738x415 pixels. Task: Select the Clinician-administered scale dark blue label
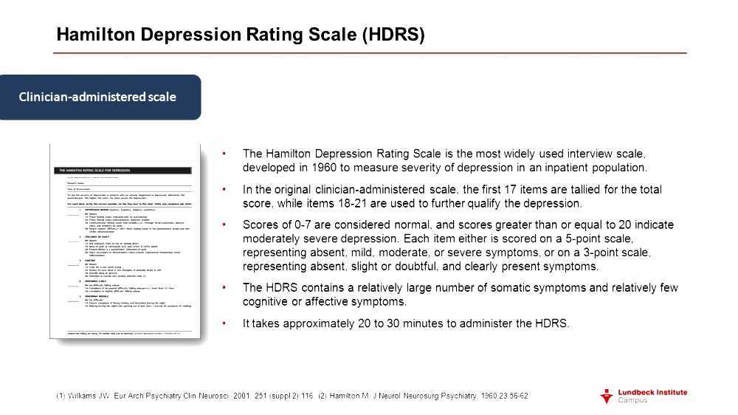(x=97, y=97)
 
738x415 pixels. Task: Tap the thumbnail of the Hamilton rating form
(x=125, y=241)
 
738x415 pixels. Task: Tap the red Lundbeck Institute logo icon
(x=606, y=396)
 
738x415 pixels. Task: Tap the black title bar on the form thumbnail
(x=125, y=171)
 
